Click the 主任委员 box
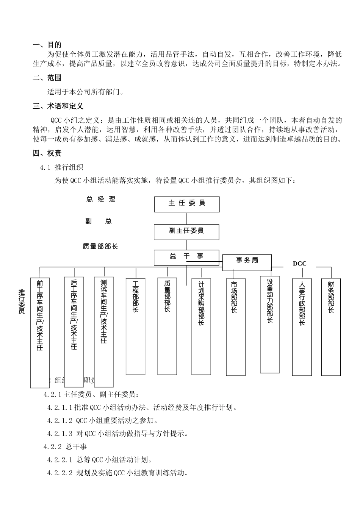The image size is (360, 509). pyautogui.click(x=186, y=204)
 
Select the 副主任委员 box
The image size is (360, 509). pyautogui.click(x=186, y=232)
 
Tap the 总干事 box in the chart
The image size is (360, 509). pyautogui.click(x=186, y=258)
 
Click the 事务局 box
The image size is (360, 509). pyautogui.click(x=247, y=262)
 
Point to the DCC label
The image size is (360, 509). pyautogui.click(x=299, y=264)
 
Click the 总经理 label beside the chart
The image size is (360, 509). pyautogui.click(x=101, y=199)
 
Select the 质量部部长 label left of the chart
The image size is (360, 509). pyautogui.click(x=100, y=247)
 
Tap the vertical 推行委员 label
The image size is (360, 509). pyautogui.click(x=22, y=301)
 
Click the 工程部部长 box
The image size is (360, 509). pyautogui.click(x=135, y=326)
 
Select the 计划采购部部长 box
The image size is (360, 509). pyautogui.click(x=201, y=327)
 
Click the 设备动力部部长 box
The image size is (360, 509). pyautogui.click(x=270, y=324)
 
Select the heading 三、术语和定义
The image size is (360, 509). pyautogui.click(x=58, y=106)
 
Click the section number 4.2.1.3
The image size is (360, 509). pyautogui.click(x=59, y=434)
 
